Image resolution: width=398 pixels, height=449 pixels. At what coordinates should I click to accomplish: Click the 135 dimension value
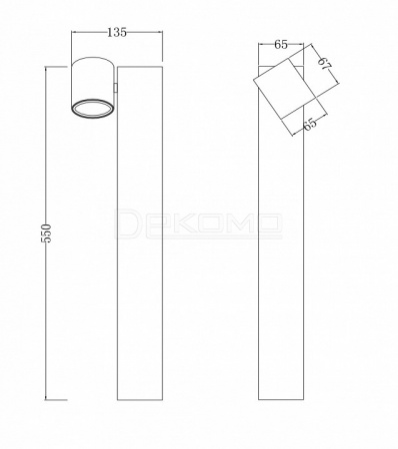click(x=117, y=32)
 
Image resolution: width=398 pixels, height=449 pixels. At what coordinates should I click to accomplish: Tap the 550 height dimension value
click(x=47, y=233)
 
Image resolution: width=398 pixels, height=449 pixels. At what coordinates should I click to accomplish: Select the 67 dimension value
click(x=324, y=63)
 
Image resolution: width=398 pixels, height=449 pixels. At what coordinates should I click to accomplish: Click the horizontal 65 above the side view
click(x=281, y=44)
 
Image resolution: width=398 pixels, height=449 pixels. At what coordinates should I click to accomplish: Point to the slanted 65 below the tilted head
click(x=309, y=124)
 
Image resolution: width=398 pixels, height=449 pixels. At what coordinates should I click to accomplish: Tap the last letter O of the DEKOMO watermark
click(x=266, y=224)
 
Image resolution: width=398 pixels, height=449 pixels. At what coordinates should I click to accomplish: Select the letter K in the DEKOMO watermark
click(x=184, y=224)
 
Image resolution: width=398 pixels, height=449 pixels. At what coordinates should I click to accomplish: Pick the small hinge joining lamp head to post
click(x=116, y=88)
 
